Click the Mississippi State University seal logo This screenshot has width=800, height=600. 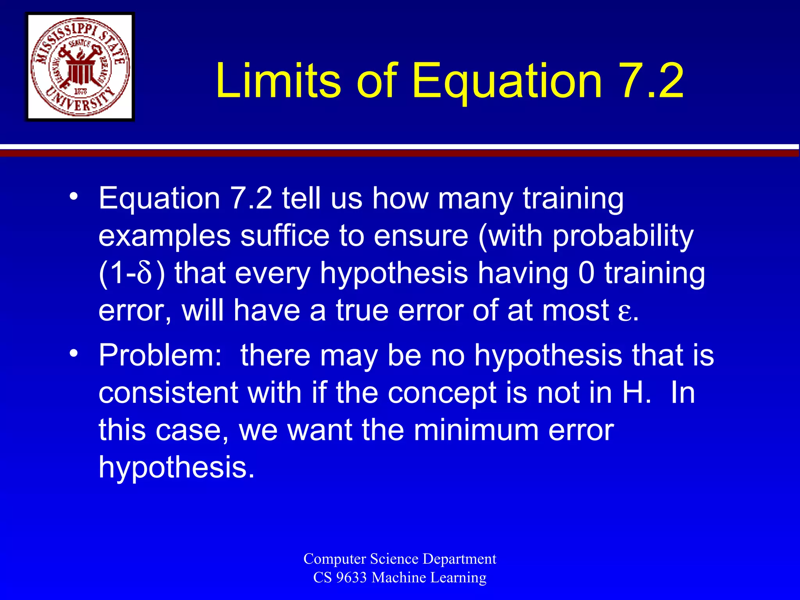click(x=80, y=67)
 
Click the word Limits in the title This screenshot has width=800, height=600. click(x=278, y=81)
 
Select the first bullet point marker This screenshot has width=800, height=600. click(x=73, y=196)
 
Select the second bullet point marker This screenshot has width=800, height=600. click(x=73, y=353)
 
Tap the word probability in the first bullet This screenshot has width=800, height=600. click(x=623, y=237)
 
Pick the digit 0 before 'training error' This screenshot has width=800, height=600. click(x=586, y=273)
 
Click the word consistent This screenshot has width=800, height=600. click(x=168, y=393)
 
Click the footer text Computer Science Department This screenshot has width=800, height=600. click(x=400, y=559)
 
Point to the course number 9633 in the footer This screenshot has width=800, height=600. click(x=351, y=577)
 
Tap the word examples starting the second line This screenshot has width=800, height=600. click(x=164, y=237)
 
